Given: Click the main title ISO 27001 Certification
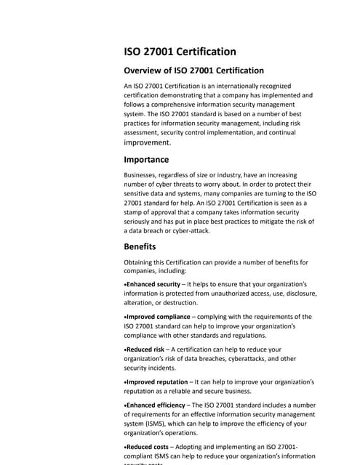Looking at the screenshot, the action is [x=180, y=52].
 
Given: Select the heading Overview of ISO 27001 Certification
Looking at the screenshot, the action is [x=193, y=70].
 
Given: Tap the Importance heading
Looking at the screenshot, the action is [x=146, y=159].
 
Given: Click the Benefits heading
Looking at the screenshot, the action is [x=140, y=246].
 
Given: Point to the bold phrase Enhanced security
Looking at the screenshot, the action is [x=155, y=283].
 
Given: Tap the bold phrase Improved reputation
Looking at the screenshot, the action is [x=159, y=381].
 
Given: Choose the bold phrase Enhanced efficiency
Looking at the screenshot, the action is [x=159, y=404].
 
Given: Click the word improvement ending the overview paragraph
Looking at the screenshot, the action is [x=148, y=143].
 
